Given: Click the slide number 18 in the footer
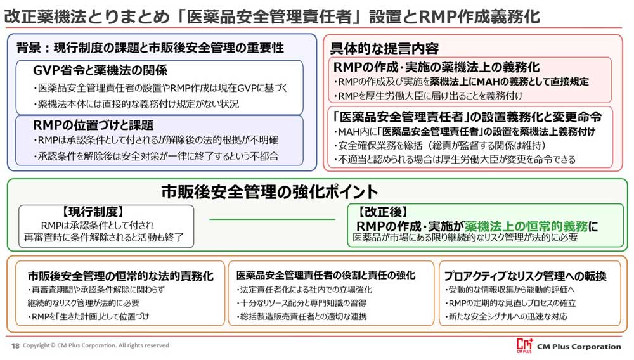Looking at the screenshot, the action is tap(15, 345).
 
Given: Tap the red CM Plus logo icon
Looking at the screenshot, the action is tap(525, 345).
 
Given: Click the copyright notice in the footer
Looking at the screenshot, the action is tap(96, 345).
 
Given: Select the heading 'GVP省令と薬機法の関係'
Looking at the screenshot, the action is tap(100, 70).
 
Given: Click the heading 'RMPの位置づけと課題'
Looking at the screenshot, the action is tap(93, 125).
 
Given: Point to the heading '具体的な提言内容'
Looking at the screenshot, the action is tap(384, 48).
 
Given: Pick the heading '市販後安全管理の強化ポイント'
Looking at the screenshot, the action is tap(269, 191).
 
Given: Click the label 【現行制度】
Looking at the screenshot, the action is tap(93, 211).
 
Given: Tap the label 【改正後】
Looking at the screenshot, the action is tap(382, 212).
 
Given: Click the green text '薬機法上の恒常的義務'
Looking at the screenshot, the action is tap(526, 226).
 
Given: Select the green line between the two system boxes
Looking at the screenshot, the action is tap(272, 219).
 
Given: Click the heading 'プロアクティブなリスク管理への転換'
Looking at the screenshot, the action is tap(525, 276).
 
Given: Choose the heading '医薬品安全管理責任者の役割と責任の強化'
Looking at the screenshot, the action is tap(326, 276).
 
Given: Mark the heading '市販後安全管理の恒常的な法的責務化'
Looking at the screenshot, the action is tap(120, 276).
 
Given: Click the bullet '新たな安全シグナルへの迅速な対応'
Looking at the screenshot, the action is tap(506, 316).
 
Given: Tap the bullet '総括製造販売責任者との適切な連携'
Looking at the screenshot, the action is tap(301, 316).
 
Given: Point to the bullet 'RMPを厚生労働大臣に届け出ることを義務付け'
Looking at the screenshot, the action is tap(428, 96).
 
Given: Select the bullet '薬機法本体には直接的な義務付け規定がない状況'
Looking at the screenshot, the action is tap(136, 104).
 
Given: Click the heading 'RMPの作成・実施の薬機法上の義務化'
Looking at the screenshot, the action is tap(437, 67).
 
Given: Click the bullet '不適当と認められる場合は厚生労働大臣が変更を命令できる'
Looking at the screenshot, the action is tap(455, 159).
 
